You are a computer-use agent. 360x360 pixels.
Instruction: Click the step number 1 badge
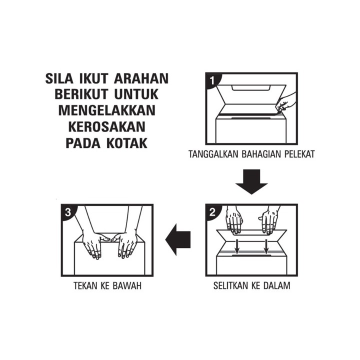[212, 80]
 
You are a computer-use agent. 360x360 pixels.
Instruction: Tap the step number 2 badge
[212, 212]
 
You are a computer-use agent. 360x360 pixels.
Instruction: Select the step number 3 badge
[68, 212]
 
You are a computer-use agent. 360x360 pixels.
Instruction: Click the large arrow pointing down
[251, 182]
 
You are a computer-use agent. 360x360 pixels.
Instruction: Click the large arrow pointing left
[178, 239]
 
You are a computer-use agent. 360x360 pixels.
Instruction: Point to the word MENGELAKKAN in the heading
[107, 110]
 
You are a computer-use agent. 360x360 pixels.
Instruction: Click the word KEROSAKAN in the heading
[107, 126]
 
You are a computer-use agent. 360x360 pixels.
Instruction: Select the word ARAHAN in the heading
[141, 78]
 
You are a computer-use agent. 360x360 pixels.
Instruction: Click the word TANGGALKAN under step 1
[213, 154]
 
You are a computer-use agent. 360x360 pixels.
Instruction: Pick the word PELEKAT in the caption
[299, 154]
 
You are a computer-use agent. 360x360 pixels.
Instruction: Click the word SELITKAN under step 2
[230, 285]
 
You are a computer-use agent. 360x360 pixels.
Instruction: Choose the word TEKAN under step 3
[84, 286]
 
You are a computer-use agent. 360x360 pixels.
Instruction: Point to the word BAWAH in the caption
[127, 286]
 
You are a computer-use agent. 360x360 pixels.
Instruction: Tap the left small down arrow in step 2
[237, 247]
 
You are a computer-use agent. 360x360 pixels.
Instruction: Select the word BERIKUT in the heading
[81, 94]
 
